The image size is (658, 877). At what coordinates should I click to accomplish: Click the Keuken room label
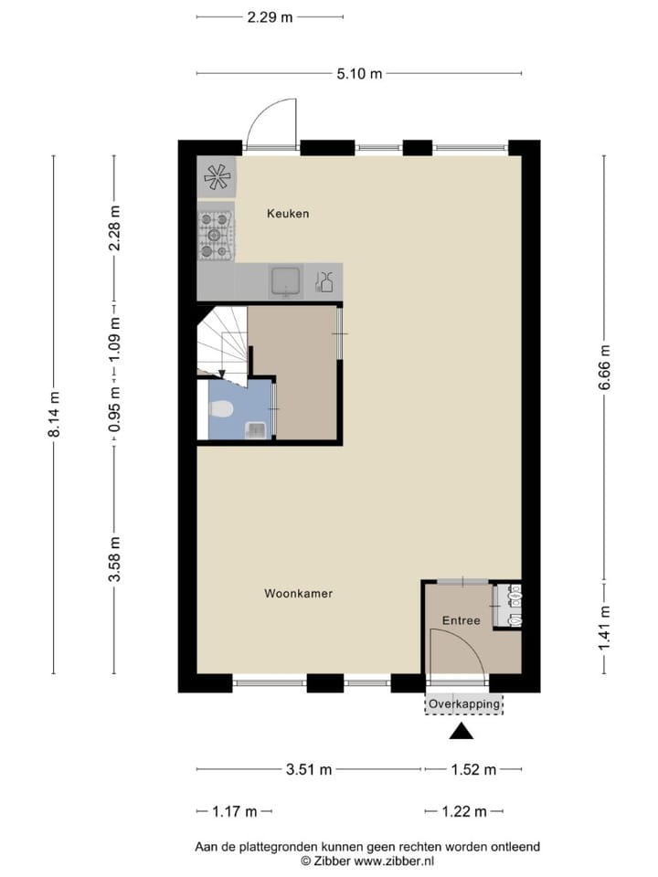[x=288, y=214]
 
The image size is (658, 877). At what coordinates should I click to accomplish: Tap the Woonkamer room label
[x=298, y=594]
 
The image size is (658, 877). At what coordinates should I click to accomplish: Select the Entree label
[x=461, y=621]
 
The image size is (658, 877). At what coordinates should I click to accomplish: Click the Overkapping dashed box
[x=464, y=704]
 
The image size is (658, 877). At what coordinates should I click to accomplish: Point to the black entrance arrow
[x=462, y=731]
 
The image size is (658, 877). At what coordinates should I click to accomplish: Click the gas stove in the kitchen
[x=217, y=235]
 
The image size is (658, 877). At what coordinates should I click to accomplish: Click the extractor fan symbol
[x=217, y=176]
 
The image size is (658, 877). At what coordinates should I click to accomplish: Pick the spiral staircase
[x=222, y=341]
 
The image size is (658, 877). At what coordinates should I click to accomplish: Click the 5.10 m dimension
[x=359, y=74]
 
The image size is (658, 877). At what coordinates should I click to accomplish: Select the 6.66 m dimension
[x=604, y=367]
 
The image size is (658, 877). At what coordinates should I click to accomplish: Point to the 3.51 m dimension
[x=309, y=770]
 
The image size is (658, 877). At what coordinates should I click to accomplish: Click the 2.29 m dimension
[x=270, y=16]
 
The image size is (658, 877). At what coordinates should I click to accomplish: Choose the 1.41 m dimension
[x=604, y=628]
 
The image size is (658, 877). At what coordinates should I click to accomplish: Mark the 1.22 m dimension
[x=464, y=811]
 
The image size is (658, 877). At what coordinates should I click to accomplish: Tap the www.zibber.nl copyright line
[x=367, y=861]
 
